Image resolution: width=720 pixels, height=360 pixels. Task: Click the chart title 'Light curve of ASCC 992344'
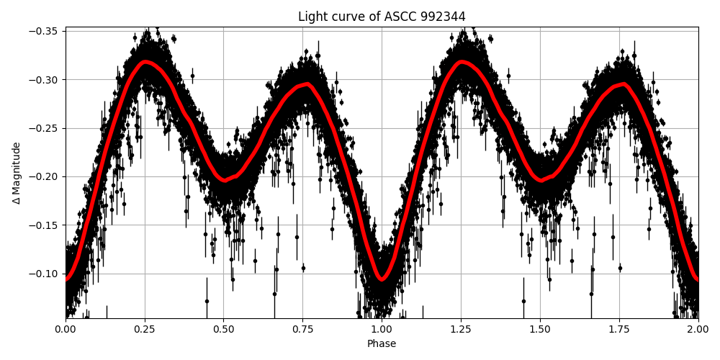(x=382, y=17)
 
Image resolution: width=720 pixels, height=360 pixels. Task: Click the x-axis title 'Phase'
(x=382, y=344)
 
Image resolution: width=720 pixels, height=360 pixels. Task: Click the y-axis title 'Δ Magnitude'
(x=17, y=173)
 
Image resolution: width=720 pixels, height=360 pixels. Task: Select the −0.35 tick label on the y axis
(x=46, y=31)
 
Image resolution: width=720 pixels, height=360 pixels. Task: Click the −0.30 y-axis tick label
(x=46, y=79)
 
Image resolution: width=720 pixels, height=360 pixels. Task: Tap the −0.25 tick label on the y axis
(x=46, y=128)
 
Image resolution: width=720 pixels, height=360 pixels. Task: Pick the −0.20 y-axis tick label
(x=46, y=176)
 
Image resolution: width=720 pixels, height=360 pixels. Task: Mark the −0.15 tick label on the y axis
(x=46, y=225)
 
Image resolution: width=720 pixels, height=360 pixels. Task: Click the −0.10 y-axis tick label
(x=46, y=274)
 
